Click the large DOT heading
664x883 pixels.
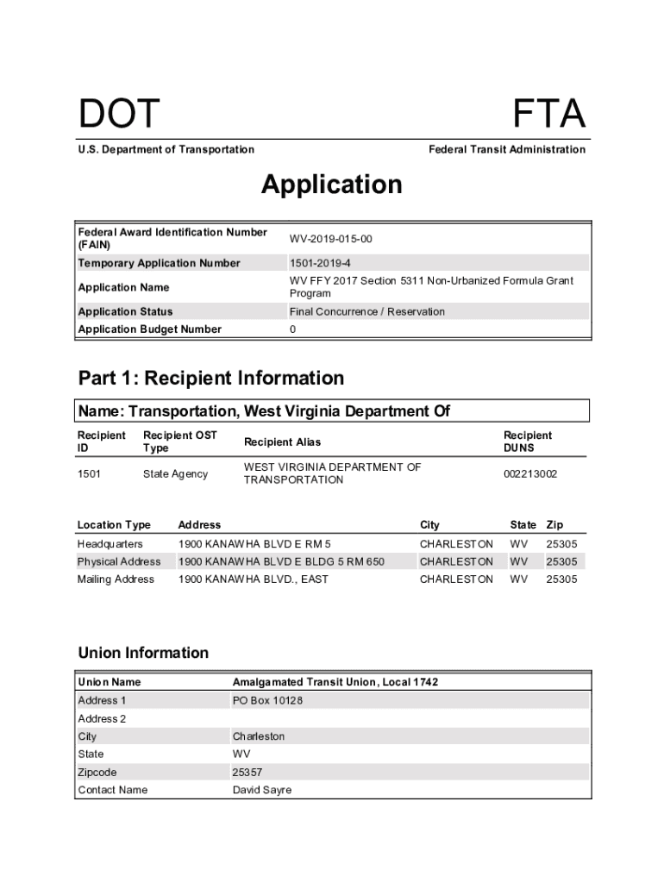(119, 115)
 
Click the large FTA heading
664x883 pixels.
(549, 115)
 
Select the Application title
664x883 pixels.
(332, 185)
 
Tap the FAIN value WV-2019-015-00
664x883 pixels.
(331, 239)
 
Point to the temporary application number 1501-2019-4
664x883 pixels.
(320, 263)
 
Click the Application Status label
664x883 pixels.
(125, 311)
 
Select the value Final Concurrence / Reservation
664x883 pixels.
(367, 311)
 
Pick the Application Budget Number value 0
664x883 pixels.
(293, 329)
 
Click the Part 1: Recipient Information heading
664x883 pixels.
(210, 379)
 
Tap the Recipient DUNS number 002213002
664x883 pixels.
(530, 473)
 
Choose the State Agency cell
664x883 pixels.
(175, 473)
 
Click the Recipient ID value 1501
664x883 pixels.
(89, 473)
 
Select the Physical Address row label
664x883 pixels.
(119, 561)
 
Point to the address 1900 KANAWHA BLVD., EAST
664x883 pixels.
(253, 579)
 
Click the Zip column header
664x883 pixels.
(554, 524)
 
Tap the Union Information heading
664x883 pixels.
(143, 653)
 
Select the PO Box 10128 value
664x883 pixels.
(267, 701)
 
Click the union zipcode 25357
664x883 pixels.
(247, 773)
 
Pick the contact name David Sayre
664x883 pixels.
(262, 790)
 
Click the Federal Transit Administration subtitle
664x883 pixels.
(507, 149)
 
